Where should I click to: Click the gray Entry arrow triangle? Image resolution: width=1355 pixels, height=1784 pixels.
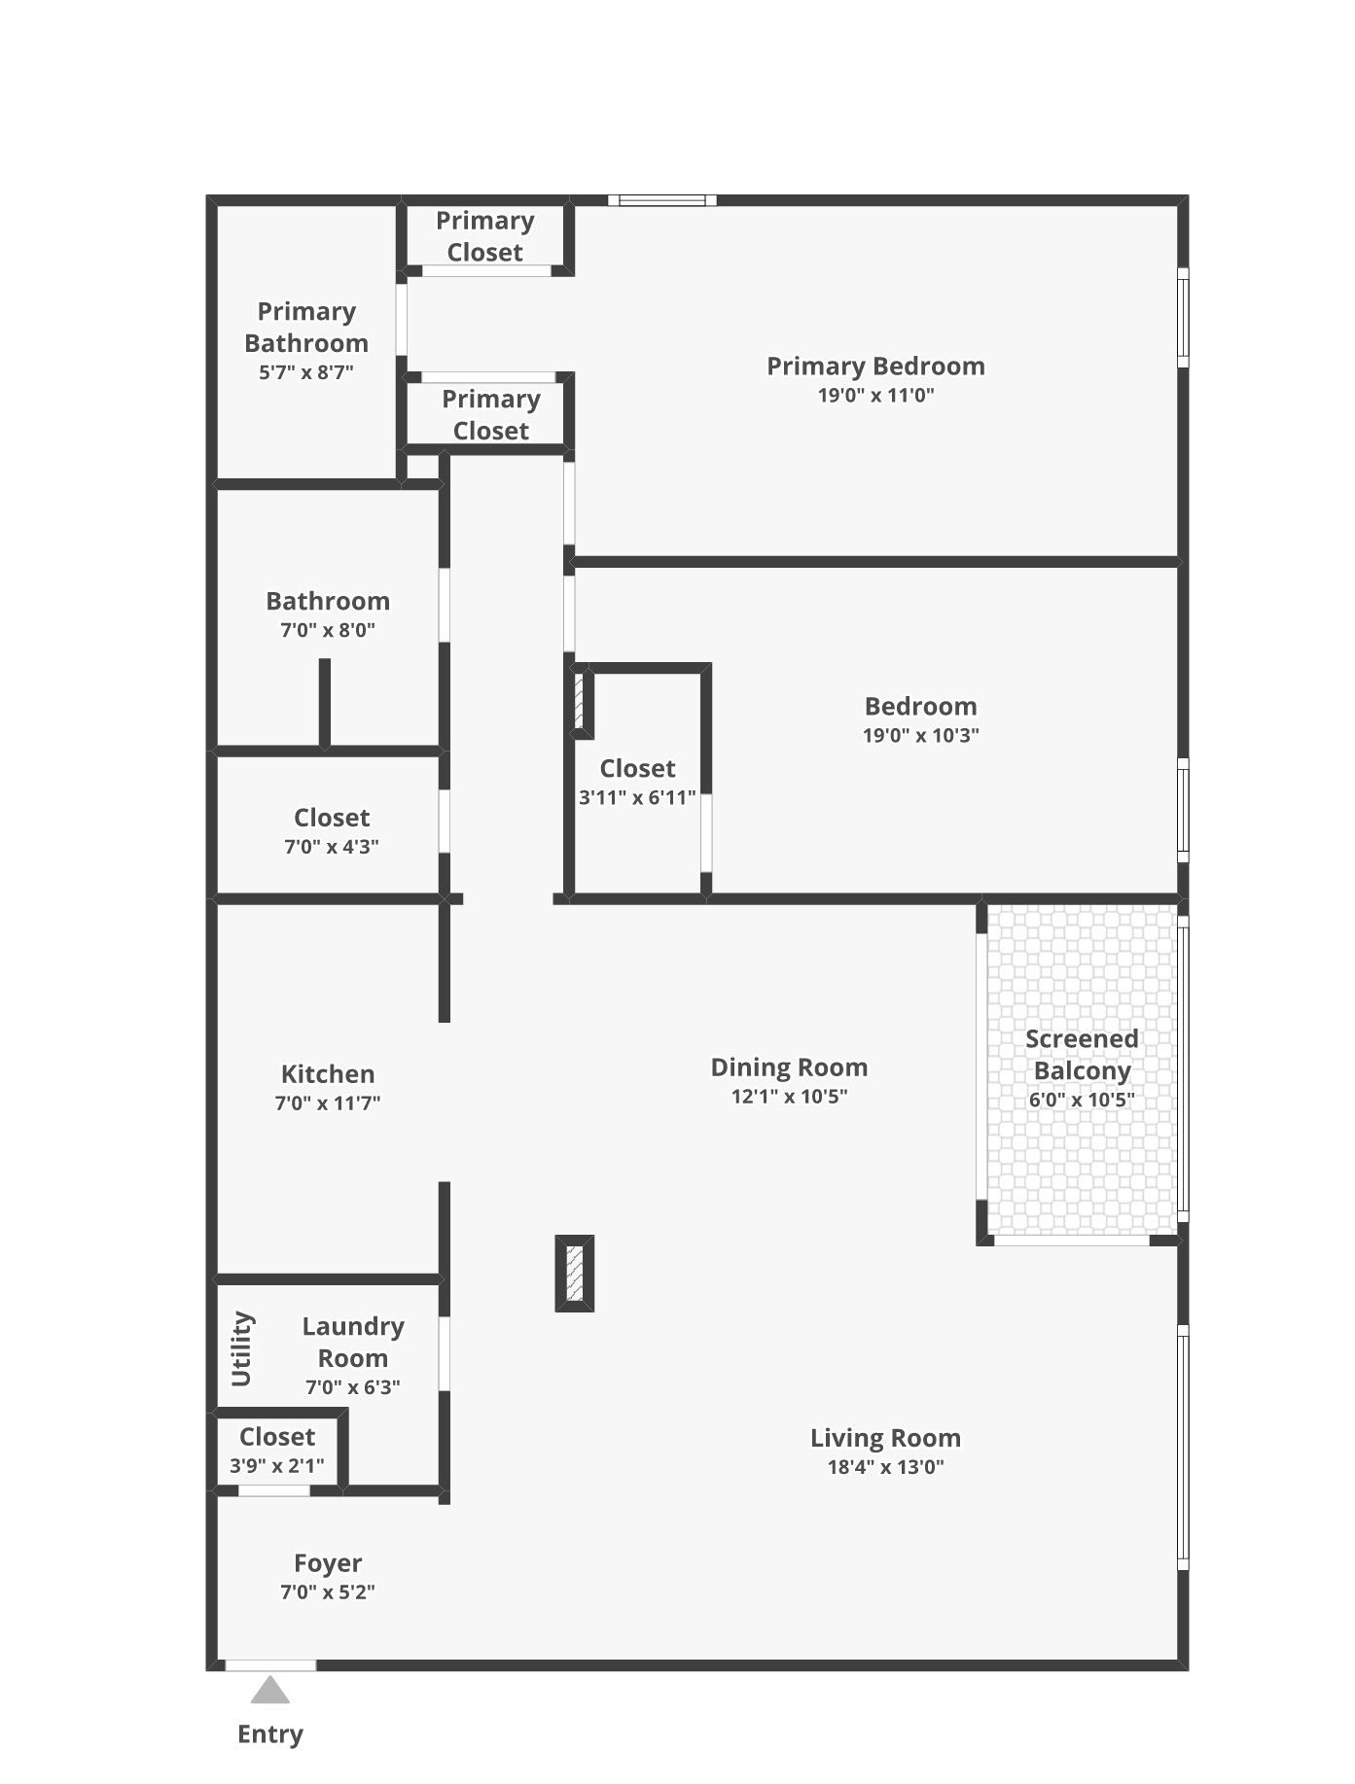click(270, 1692)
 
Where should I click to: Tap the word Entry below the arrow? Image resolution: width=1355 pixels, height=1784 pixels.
click(270, 1734)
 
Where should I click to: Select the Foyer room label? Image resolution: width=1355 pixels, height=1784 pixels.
click(328, 1563)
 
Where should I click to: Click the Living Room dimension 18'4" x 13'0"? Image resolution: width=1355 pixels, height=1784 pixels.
click(885, 1467)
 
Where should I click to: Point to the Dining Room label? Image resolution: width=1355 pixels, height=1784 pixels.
click(789, 1067)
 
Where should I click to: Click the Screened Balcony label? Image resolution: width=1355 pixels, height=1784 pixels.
click(1082, 1055)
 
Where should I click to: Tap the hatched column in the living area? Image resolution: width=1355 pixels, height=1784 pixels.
click(574, 1274)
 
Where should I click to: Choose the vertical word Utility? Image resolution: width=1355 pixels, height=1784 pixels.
click(242, 1348)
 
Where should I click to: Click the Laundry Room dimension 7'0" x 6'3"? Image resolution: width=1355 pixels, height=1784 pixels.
click(353, 1387)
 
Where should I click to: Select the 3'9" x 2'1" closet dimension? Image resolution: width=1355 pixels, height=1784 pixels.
click(277, 1465)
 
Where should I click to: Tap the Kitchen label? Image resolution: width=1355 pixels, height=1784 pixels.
click(328, 1074)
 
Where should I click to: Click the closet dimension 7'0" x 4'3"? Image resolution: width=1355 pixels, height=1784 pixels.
click(332, 847)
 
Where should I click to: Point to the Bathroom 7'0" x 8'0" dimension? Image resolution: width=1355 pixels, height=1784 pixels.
click(328, 630)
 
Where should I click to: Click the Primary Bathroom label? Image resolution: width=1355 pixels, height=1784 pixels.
click(306, 328)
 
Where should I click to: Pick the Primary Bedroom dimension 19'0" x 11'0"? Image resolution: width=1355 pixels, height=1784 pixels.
click(875, 396)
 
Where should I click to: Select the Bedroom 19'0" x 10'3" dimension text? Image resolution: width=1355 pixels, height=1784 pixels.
click(920, 735)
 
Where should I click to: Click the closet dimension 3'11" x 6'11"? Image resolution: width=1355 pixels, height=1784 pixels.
click(637, 798)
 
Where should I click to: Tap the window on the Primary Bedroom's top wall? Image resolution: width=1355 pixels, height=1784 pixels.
click(662, 200)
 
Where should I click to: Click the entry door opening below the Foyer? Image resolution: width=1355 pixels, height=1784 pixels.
click(270, 1665)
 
